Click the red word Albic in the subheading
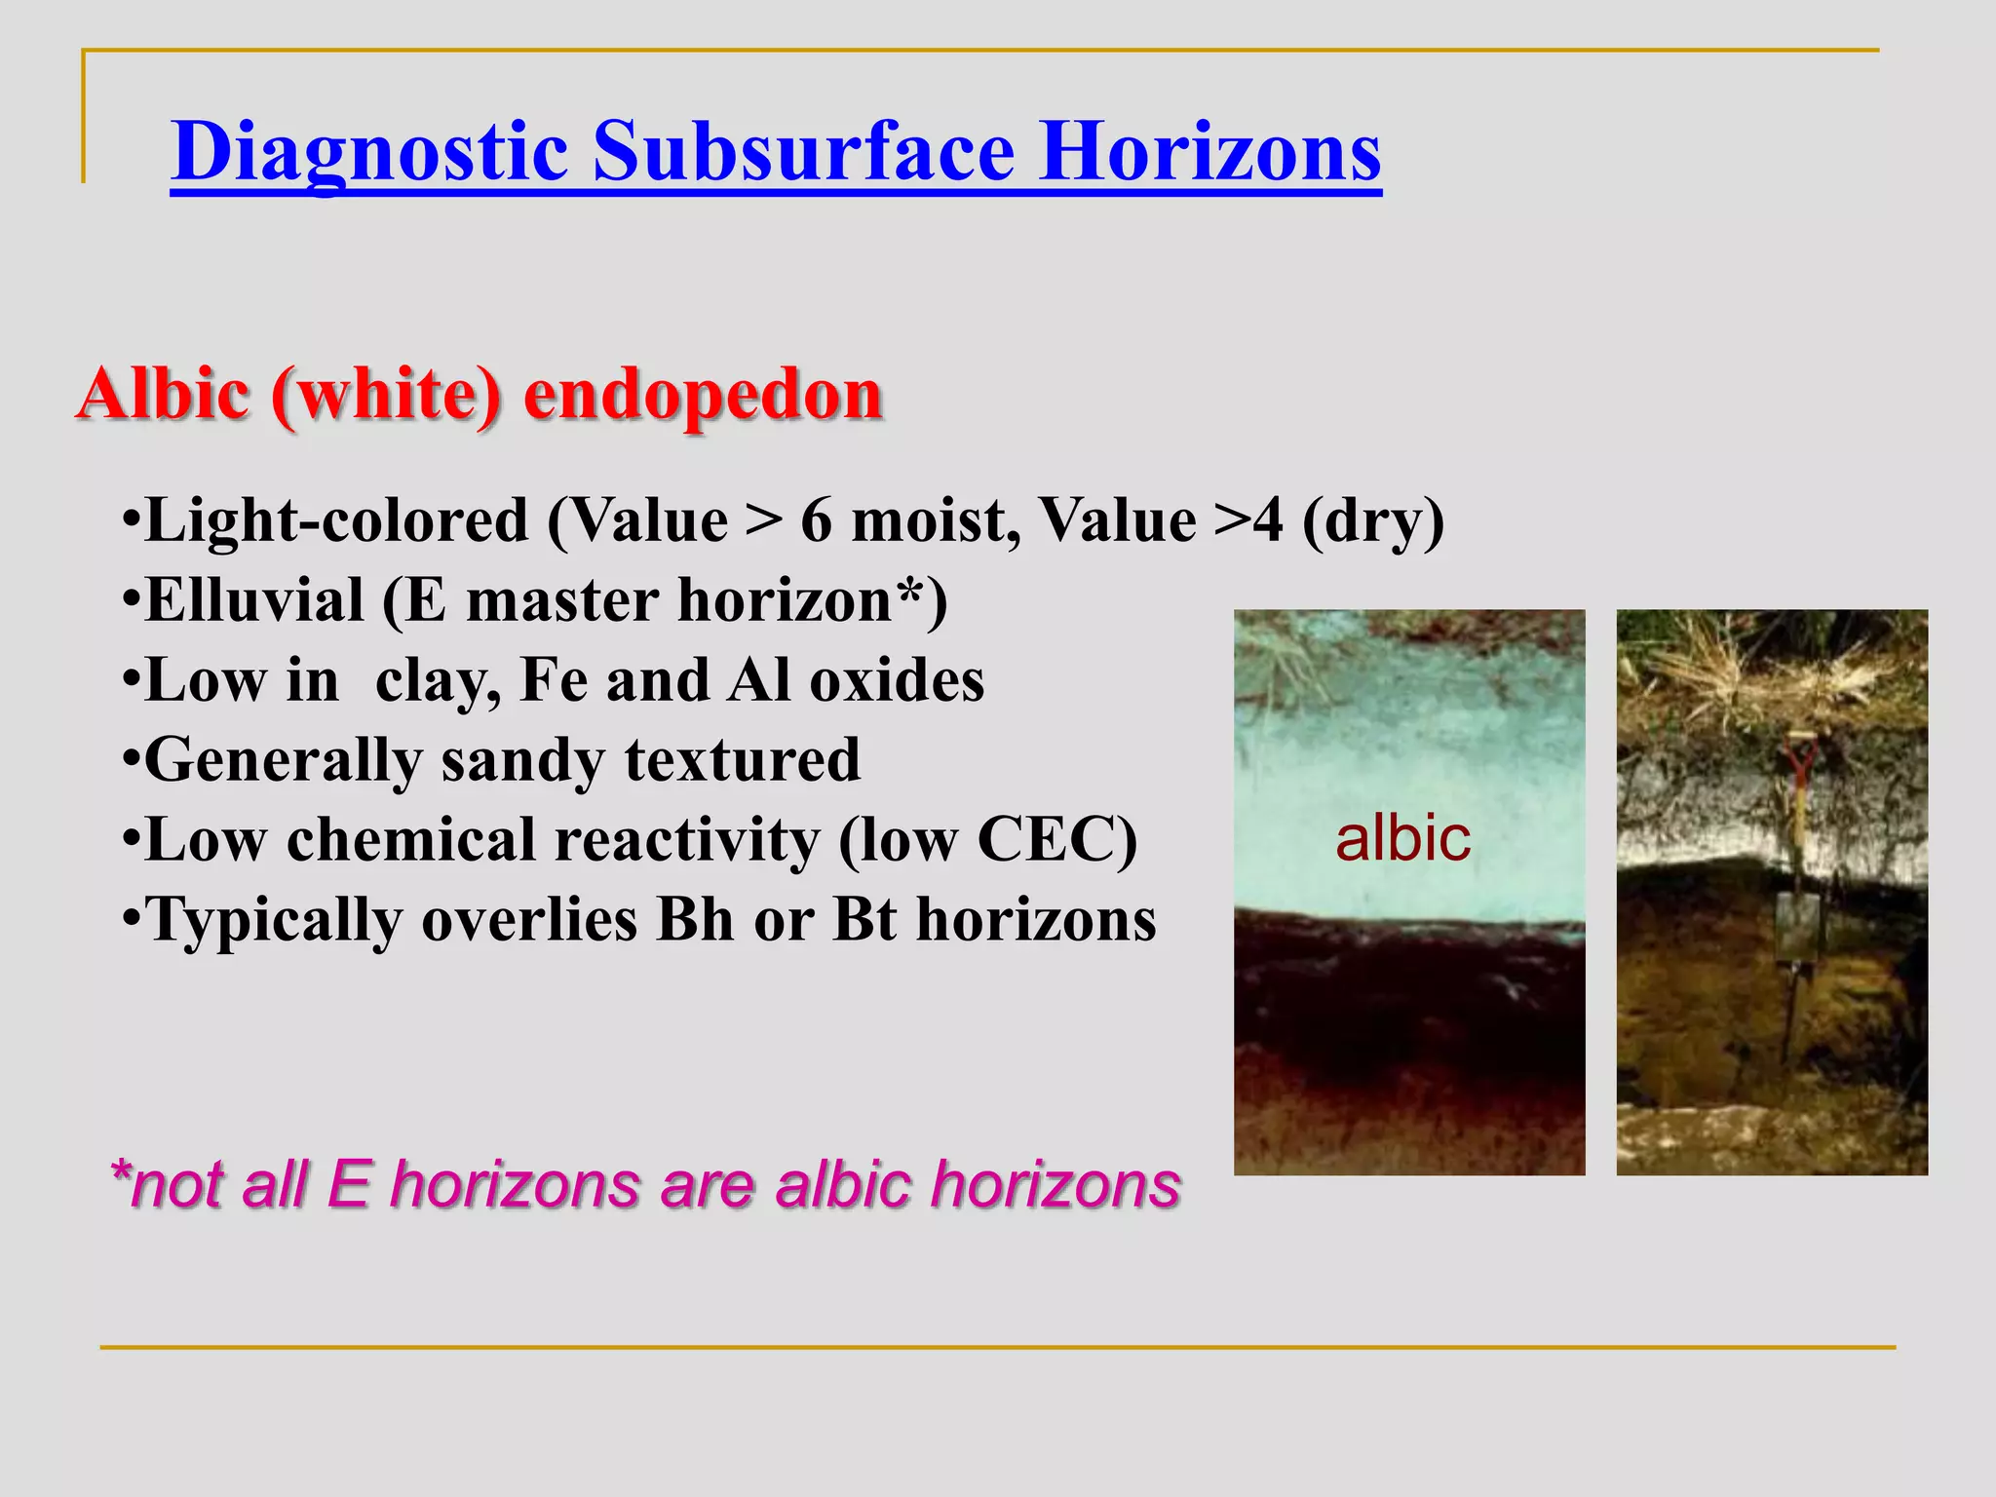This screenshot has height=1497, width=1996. click(x=163, y=395)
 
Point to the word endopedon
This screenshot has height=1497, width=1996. click(x=703, y=395)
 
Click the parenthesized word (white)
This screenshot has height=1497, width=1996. click(x=387, y=395)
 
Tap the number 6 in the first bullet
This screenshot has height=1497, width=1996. click(x=817, y=520)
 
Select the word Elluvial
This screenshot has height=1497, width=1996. click(x=254, y=600)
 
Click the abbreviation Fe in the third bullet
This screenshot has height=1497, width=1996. click(x=553, y=680)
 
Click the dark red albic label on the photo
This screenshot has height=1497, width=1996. click(x=1402, y=839)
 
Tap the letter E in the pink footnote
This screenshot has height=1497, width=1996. click(x=349, y=1186)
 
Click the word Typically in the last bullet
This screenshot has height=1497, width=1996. click(x=273, y=921)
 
